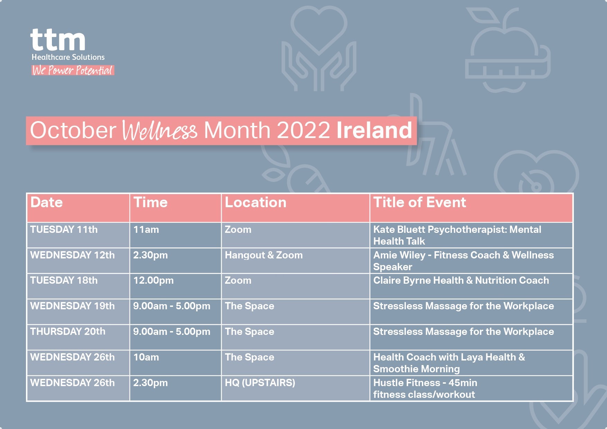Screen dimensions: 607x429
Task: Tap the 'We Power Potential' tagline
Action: click(x=73, y=70)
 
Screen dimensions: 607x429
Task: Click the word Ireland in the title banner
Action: click(x=374, y=130)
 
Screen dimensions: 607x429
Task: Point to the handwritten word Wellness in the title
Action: click(x=160, y=131)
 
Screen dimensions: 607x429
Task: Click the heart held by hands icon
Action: click(x=319, y=48)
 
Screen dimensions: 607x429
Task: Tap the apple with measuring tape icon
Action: click(x=508, y=51)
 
